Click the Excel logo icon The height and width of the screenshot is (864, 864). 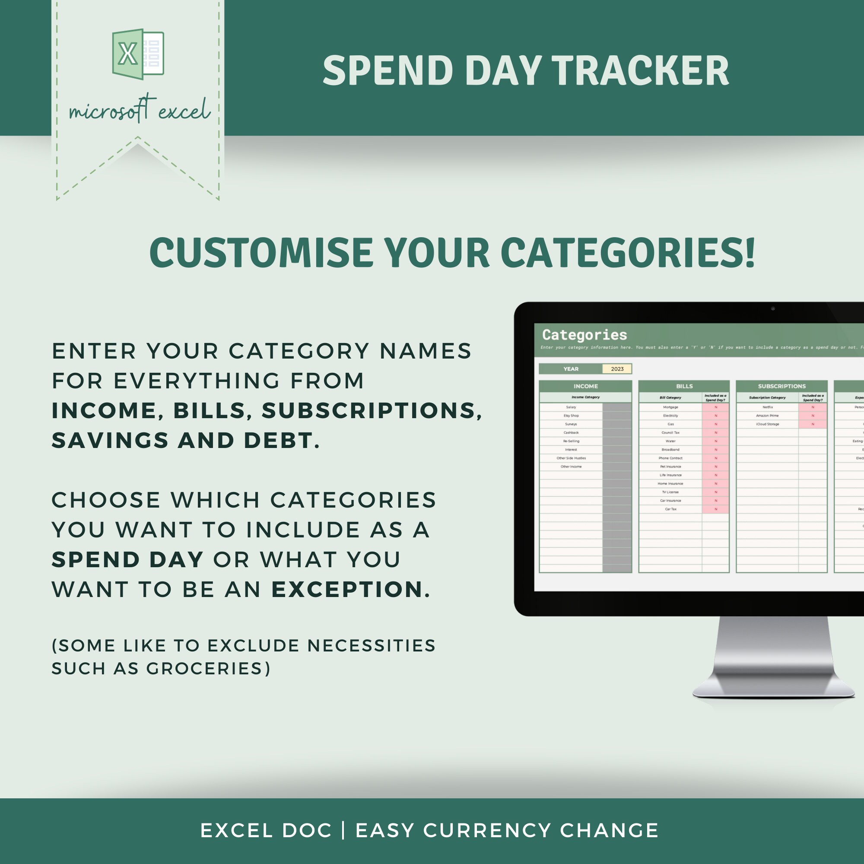tap(138, 54)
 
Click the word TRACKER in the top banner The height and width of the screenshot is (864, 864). tap(640, 71)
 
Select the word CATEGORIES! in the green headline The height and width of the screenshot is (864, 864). tap(628, 253)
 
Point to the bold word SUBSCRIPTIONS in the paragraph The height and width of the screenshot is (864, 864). tap(371, 410)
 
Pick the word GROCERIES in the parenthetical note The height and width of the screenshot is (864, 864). tap(208, 668)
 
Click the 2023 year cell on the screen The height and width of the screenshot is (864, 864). tap(617, 369)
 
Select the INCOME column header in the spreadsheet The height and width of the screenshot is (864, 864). tap(585, 386)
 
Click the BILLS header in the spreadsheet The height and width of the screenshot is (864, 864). tap(684, 386)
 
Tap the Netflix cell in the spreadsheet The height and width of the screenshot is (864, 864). tap(767, 407)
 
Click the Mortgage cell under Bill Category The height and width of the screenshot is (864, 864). tap(670, 407)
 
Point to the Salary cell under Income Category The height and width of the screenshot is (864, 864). tap(571, 407)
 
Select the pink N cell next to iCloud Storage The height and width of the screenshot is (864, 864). tap(813, 424)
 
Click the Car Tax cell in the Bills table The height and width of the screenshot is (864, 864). tap(670, 509)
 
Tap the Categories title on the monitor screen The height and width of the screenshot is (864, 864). tap(584, 334)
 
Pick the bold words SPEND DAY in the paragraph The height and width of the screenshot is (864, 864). tap(127, 559)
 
